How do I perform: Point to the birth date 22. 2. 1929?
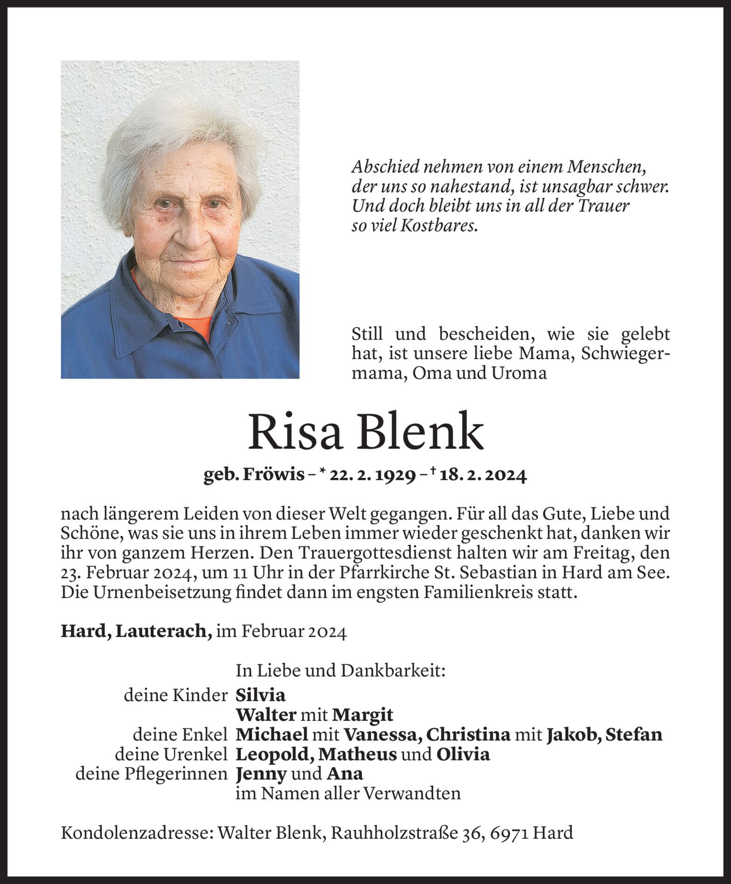coord(373,476)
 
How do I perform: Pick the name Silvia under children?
coord(260,696)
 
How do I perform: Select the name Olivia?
coord(463,754)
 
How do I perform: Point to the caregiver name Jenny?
coord(261,774)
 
